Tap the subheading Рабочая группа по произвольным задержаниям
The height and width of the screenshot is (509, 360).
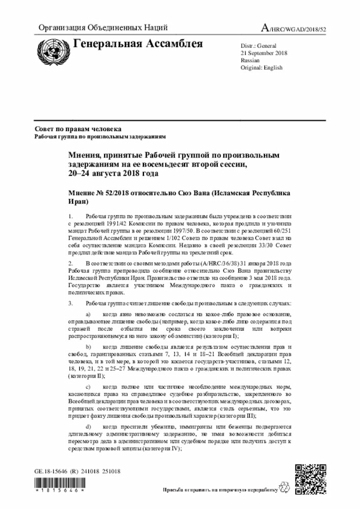pos(100,137)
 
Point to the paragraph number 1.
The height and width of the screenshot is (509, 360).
pos(70,216)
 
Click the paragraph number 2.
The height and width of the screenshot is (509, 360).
pos(70,263)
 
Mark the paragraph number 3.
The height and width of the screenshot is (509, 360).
pos(70,303)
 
